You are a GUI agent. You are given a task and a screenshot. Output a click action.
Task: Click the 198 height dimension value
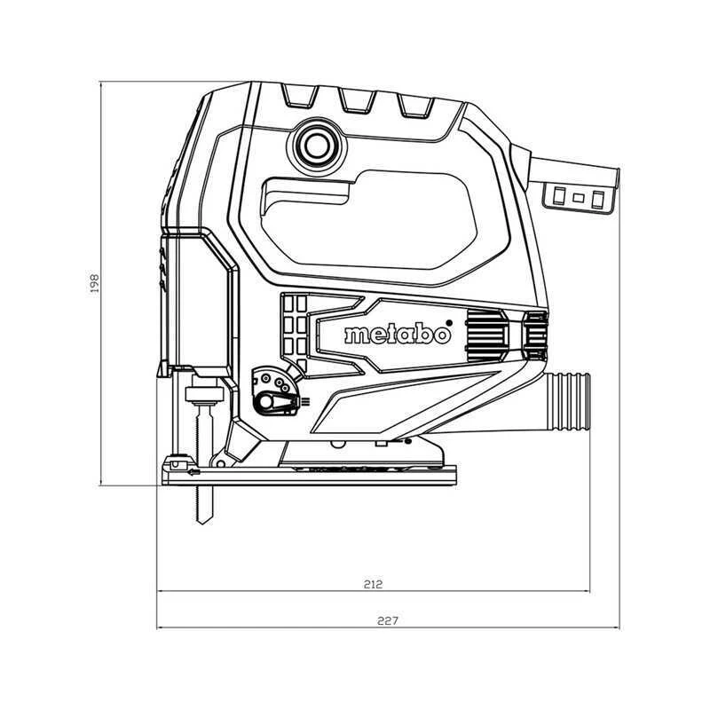click(94, 282)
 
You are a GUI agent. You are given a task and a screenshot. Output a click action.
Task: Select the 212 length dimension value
click(373, 584)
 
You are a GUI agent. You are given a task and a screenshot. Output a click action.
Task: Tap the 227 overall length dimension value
click(388, 620)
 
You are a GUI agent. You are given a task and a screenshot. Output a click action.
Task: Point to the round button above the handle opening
click(317, 146)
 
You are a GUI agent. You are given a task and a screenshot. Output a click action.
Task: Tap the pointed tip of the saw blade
click(204, 523)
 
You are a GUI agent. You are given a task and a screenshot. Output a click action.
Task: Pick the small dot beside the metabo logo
click(449, 322)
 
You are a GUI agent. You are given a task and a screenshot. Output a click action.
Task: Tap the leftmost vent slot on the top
click(299, 96)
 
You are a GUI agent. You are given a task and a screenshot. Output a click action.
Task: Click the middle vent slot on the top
click(358, 101)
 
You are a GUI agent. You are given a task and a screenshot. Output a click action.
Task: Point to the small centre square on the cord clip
click(579, 198)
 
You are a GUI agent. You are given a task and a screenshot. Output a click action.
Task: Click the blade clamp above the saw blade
click(205, 395)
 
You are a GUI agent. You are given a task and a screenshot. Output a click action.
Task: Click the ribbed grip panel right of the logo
click(485, 335)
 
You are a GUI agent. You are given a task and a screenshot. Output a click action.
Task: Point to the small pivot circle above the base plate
click(221, 463)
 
